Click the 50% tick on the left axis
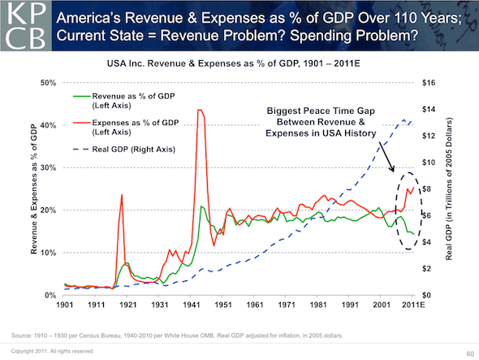click(48, 83)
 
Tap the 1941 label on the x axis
click(192, 306)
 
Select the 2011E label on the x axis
click(412, 306)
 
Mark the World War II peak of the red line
click(200, 110)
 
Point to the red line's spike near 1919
click(122, 195)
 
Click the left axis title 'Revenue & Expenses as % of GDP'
click(33, 191)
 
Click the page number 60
click(468, 353)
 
